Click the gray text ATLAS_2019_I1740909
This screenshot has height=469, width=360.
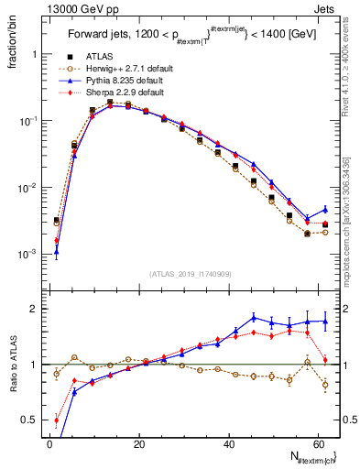click(190, 274)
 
